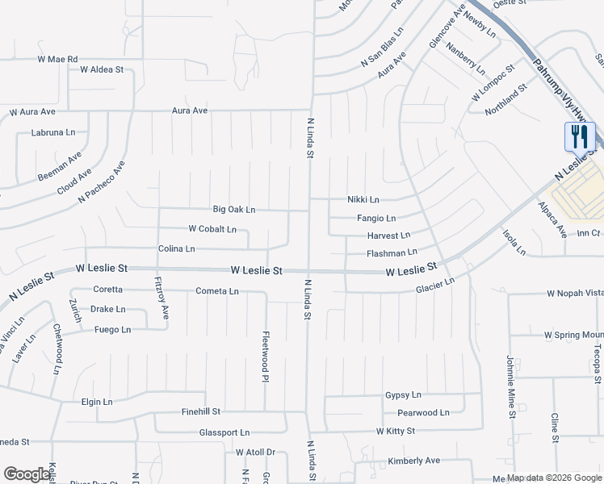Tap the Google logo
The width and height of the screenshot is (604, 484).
point(27,474)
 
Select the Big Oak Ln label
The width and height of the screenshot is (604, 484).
point(233,210)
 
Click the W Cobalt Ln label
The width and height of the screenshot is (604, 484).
point(212,229)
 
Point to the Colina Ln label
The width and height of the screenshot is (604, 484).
point(177,249)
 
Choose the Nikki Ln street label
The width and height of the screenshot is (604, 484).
point(363,199)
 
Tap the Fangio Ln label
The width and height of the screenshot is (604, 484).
point(376,219)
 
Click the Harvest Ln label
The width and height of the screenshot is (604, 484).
point(388,236)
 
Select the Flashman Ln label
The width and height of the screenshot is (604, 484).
point(392,253)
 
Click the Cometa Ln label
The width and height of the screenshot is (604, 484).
point(217,291)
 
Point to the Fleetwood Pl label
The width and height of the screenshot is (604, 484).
point(265,351)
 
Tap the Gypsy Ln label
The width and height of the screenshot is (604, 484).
point(403,395)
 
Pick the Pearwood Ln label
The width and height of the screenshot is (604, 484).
point(423,413)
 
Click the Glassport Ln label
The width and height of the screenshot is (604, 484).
point(224,433)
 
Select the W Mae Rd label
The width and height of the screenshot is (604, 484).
point(57,60)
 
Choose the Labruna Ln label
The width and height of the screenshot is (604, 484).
point(52,132)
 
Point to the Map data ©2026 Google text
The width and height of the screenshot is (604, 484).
point(553,478)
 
